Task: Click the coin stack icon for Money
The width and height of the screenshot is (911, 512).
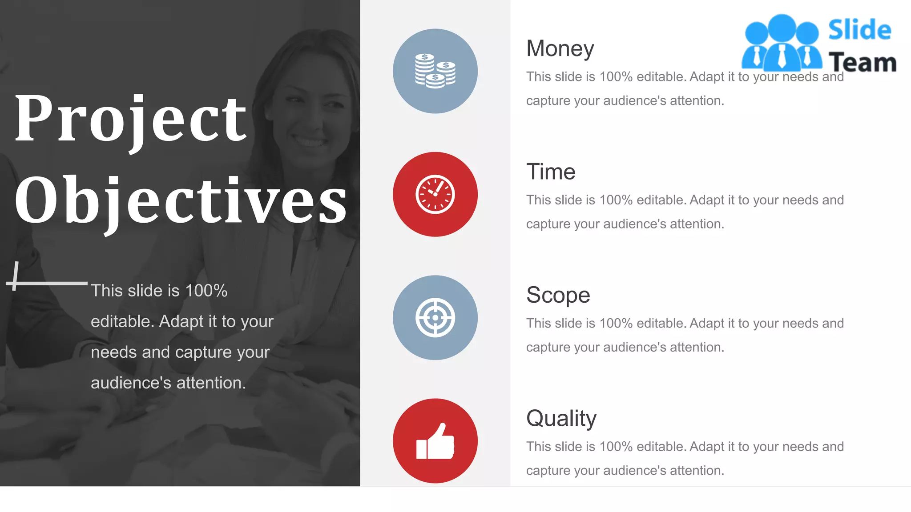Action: pos(435,71)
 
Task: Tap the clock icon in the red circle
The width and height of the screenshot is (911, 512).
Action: pos(435,194)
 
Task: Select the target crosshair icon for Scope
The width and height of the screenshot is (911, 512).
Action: pos(435,317)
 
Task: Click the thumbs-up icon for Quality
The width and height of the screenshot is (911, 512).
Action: pos(435,441)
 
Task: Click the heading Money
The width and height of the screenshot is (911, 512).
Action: pos(560,48)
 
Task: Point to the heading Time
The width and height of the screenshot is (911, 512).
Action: pos(550,172)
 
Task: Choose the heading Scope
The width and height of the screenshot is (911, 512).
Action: pos(558,295)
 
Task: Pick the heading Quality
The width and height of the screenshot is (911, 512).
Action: pos(561,418)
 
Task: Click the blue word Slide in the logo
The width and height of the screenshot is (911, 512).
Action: pos(859,30)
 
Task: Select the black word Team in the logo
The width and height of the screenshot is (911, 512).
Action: pos(862,62)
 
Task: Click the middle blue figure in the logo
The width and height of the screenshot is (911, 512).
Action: pos(782,42)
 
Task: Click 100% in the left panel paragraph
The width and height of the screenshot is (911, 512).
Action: pos(206,291)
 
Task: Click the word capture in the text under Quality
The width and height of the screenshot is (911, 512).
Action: pos(548,471)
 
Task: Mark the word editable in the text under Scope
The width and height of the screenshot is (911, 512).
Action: pos(661,323)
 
